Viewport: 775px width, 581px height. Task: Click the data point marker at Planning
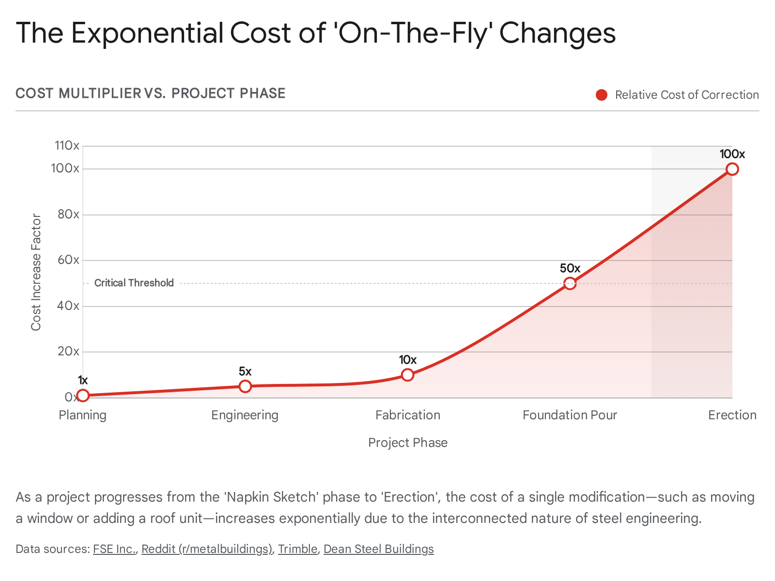[x=83, y=396]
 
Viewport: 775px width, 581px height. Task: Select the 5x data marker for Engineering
[x=245, y=386]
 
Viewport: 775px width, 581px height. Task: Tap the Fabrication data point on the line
[x=408, y=375]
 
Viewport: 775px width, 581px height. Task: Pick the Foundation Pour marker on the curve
[x=570, y=284]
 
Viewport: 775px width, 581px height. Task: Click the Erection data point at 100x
[x=732, y=169]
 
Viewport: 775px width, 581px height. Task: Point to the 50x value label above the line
[x=570, y=268]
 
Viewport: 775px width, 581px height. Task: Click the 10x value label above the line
[x=408, y=360]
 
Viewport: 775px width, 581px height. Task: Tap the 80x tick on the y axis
[x=68, y=214]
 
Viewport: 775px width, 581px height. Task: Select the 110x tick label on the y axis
[x=67, y=145]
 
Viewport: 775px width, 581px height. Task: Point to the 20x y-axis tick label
[x=68, y=352]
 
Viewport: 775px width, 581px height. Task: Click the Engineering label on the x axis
[x=245, y=415]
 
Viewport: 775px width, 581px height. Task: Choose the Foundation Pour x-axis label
[x=570, y=415]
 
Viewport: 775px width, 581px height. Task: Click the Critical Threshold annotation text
[x=134, y=283]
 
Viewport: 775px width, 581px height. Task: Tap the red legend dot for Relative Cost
[x=602, y=95]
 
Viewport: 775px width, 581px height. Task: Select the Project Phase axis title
[x=408, y=443]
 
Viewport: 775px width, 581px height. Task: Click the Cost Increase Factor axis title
[x=36, y=272]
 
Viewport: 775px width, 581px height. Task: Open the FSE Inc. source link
[x=115, y=549]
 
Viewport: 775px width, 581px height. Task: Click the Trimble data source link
[x=297, y=549]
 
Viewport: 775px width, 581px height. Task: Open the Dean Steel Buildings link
[x=379, y=549]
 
